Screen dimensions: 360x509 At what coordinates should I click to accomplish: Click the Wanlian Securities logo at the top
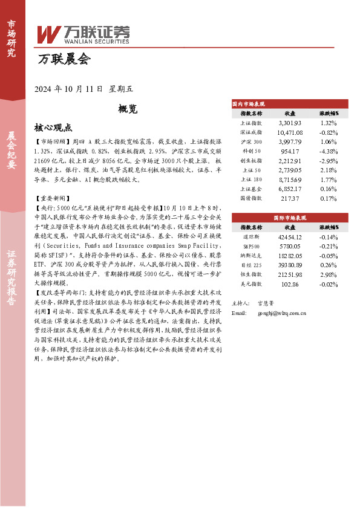pyautogui.click(x=83, y=34)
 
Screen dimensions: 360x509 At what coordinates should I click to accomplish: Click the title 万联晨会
pyautogui.click(x=64, y=59)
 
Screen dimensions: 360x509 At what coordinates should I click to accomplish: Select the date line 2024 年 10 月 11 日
pyautogui.click(x=70, y=89)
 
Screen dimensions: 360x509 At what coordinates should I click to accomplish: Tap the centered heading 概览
pyautogui.click(x=128, y=109)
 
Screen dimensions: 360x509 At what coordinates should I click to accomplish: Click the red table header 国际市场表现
pyautogui.click(x=290, y=216)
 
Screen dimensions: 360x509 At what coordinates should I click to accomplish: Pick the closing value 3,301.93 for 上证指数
pyautogui.click(x=289, y=123)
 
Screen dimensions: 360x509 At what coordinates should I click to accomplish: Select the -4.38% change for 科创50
pyautogui.click(x=329, y=151)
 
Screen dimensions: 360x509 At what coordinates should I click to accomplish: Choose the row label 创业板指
pyautogui.click(x=250, y=161)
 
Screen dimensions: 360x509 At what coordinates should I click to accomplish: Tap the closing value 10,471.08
pyautogui.click(x=289, y=132)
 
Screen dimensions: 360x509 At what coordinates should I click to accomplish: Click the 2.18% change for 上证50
pyautogui.click(x=329, y=170)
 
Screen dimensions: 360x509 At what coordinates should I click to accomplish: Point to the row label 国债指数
pyautogui.click(x=250, y=198)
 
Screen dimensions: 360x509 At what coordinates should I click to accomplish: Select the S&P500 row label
pyautogui.click(x=250, y=246)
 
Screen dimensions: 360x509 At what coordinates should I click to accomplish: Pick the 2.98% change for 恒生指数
pyautogui.click(x=329, y=274)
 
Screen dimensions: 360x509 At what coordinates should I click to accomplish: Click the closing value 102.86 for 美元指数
pyautogui.click(x=289, y=284)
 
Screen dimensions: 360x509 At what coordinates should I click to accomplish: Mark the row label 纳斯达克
pyautogui.click(x=250, y=256)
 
